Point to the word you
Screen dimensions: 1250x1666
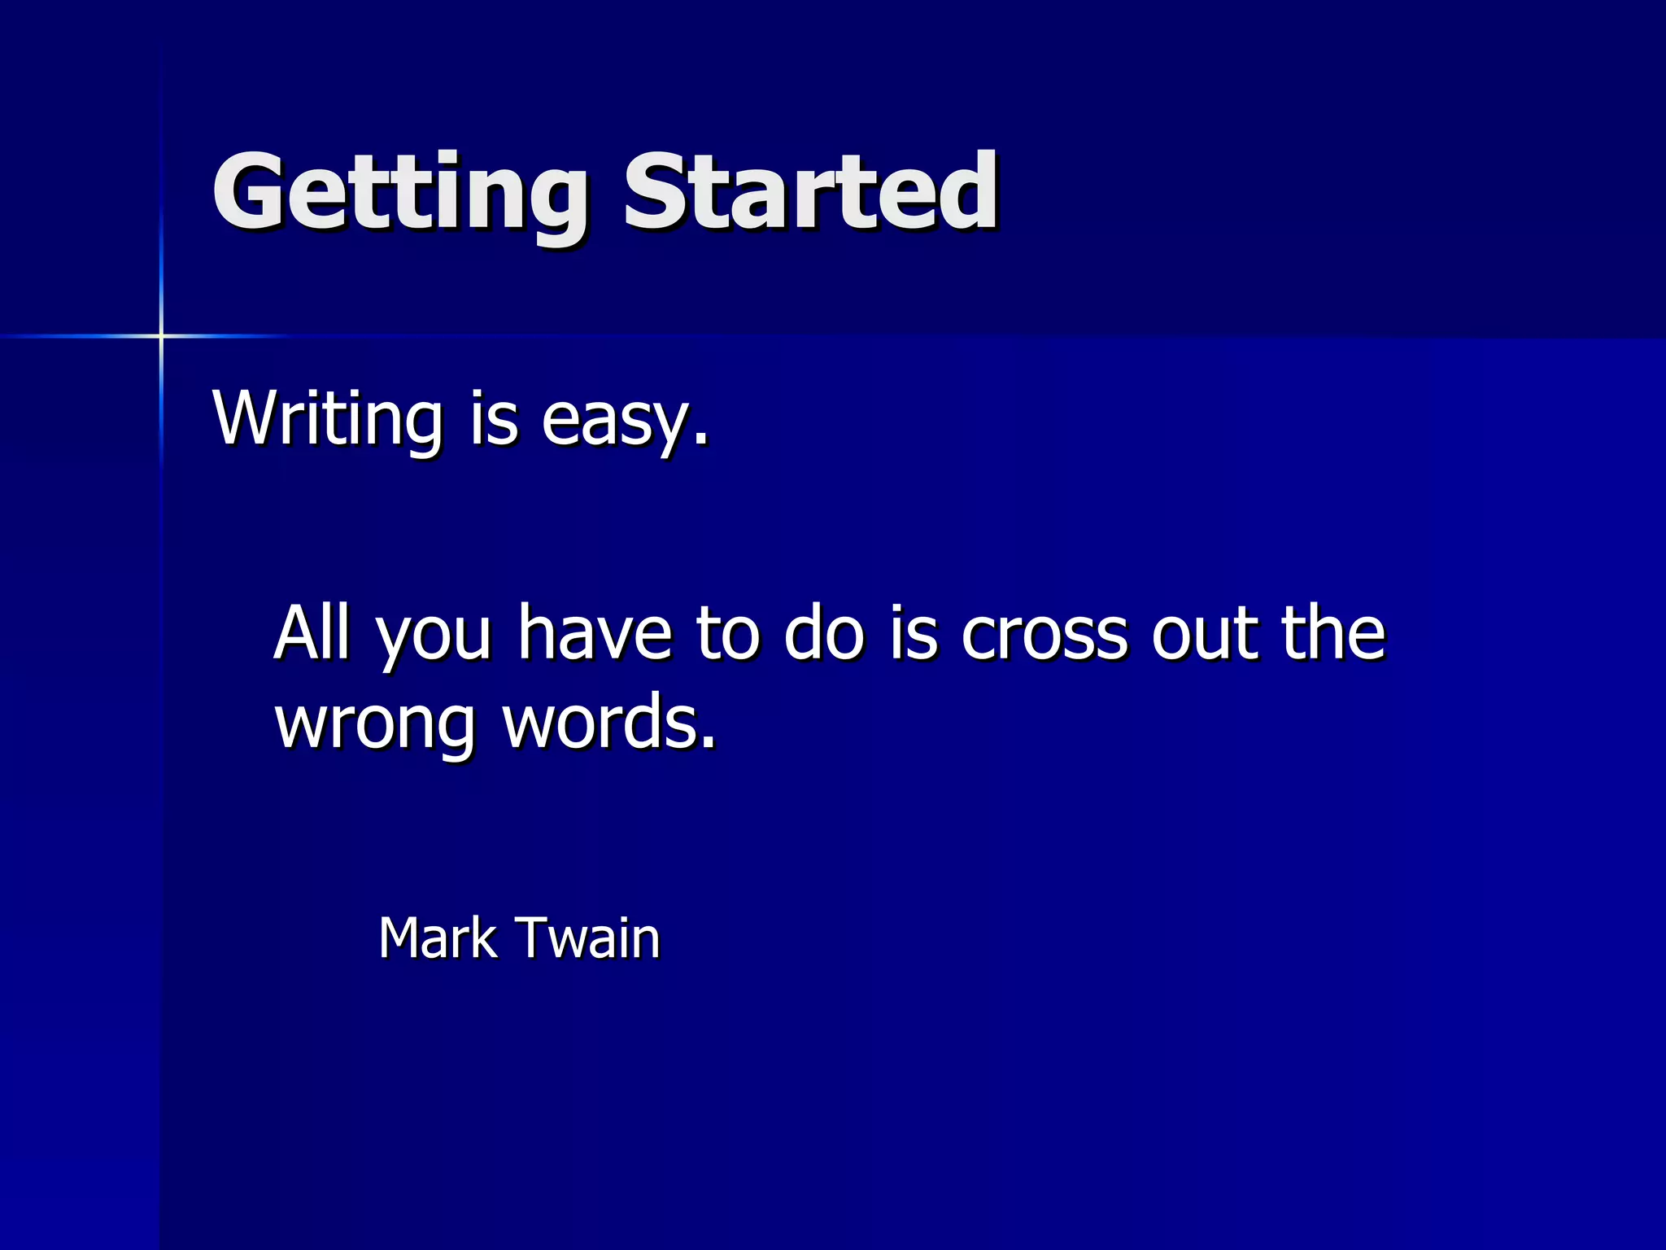[x=433, y=639]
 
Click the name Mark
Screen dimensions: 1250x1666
[x=438, y=937]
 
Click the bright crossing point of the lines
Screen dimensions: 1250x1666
[x=161, y=335]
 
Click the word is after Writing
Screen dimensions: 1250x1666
[x=494, y=419]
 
